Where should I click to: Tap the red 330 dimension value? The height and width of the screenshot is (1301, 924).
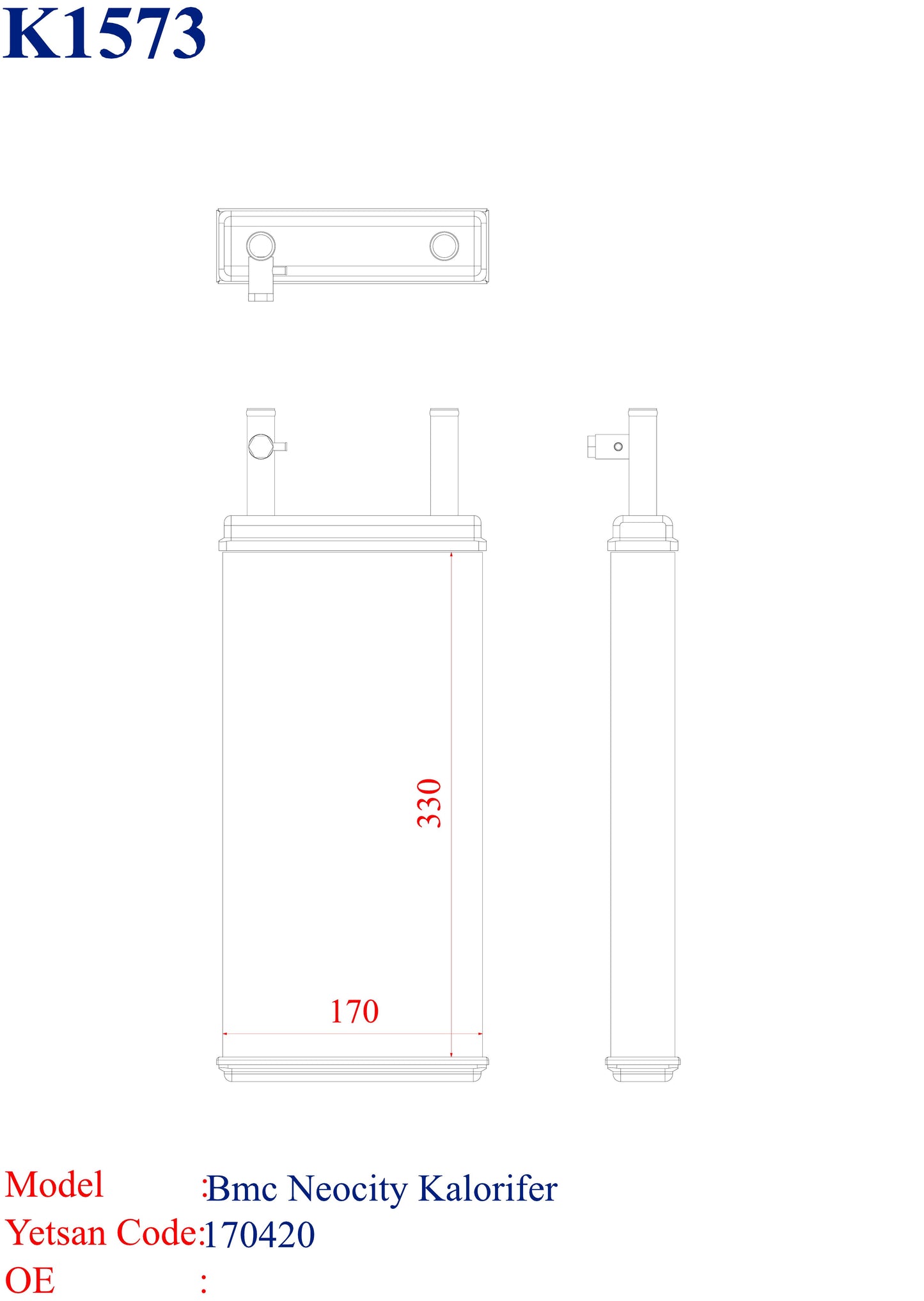(430, 803)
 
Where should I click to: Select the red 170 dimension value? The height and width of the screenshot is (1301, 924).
(354, 1012)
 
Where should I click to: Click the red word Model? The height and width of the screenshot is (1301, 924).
(54, 1185)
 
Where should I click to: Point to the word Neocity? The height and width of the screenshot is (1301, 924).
(347, 1189)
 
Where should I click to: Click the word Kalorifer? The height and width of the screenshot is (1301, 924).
(488, 1188)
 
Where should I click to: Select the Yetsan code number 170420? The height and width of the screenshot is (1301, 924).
(260, 1234)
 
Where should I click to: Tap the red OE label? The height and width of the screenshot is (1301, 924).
(29, 1281)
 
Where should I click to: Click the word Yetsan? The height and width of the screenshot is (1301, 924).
(55, 1233)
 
